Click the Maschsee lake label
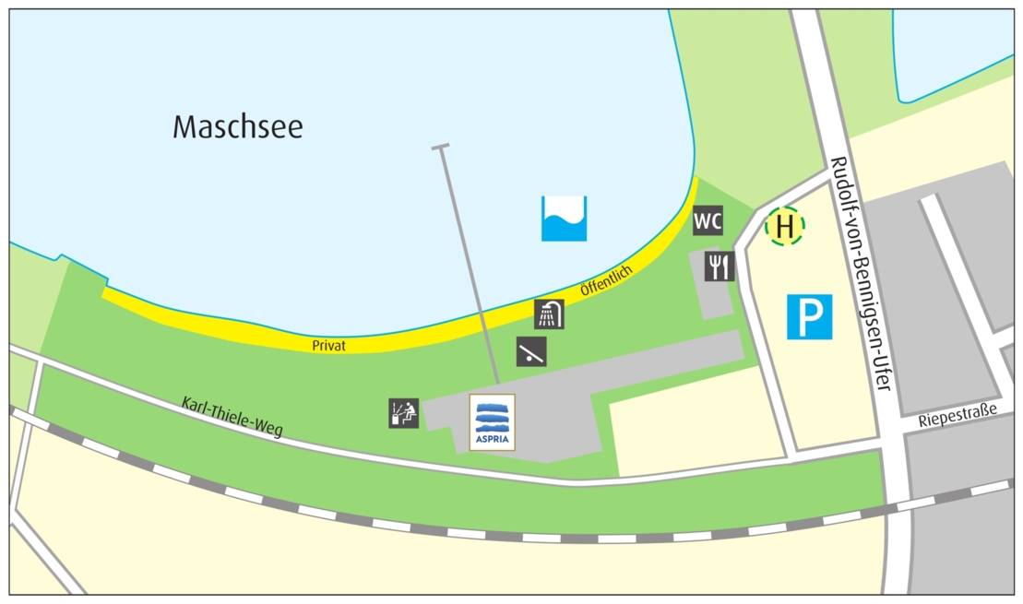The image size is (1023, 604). point(237,126)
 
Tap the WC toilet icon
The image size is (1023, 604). point(708,221)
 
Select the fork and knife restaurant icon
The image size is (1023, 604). point(720,266)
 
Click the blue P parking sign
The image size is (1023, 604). point(809,317)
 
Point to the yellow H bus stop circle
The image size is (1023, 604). point(784,225)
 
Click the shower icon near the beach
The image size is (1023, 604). point(549,314)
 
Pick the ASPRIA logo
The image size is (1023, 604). point(492,422)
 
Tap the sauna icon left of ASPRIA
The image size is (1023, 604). point(404,413)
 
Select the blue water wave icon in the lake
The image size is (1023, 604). point(564,219)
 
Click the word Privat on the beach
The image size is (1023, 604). point(328,345)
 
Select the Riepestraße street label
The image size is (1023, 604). point(958,419)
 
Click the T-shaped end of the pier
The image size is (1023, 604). point(440,147)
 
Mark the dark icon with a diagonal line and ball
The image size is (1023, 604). point(530,351)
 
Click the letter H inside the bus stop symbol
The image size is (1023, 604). point(784,225)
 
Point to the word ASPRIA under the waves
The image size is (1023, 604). point(492,440)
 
